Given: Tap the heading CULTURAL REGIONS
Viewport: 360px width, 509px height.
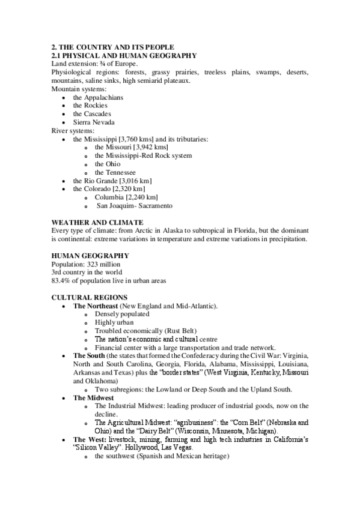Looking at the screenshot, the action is coord(89,297).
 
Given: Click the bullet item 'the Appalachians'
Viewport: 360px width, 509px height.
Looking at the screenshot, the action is coord(98,97).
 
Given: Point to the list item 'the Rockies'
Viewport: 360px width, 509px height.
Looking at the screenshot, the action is coord(90,106).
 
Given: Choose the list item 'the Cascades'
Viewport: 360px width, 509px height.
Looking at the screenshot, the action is coord(92,114).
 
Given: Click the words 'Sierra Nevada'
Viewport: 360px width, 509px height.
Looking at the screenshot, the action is coord(94,122).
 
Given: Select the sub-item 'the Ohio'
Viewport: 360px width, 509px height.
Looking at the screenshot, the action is coord(108,164).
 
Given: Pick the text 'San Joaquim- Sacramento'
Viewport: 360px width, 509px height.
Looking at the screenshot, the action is coord(135,206).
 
